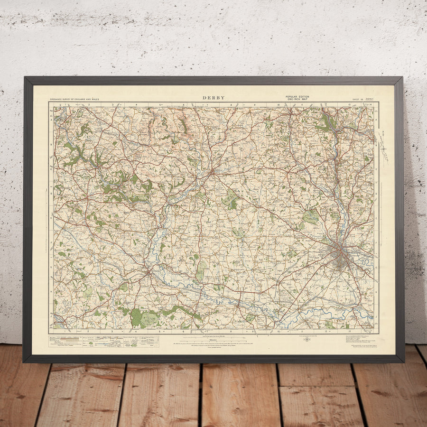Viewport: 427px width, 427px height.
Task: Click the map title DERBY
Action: click(x=213, y=98)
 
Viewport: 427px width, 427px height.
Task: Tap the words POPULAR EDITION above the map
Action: click(x=297, y=96)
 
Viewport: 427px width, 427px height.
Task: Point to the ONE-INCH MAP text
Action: click(x=297, y=99)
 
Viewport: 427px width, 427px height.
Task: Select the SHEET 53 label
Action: click(x=357, y=99)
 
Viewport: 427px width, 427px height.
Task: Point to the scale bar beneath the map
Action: click(x=213, y=336)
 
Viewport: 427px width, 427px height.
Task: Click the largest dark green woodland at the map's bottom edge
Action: click(x=137, y=317)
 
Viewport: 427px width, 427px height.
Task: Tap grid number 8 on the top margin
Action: click(x=231, y=104)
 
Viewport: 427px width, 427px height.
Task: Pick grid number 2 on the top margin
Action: click(x=89, y=104)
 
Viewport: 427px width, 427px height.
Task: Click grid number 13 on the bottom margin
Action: click(x=348, y=331)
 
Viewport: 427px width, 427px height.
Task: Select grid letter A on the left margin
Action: click(x=50, y=120)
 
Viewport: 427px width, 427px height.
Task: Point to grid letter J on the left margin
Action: click(x=50, y=304)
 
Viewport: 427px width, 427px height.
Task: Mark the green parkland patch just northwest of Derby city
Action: click(x=311, y=217)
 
